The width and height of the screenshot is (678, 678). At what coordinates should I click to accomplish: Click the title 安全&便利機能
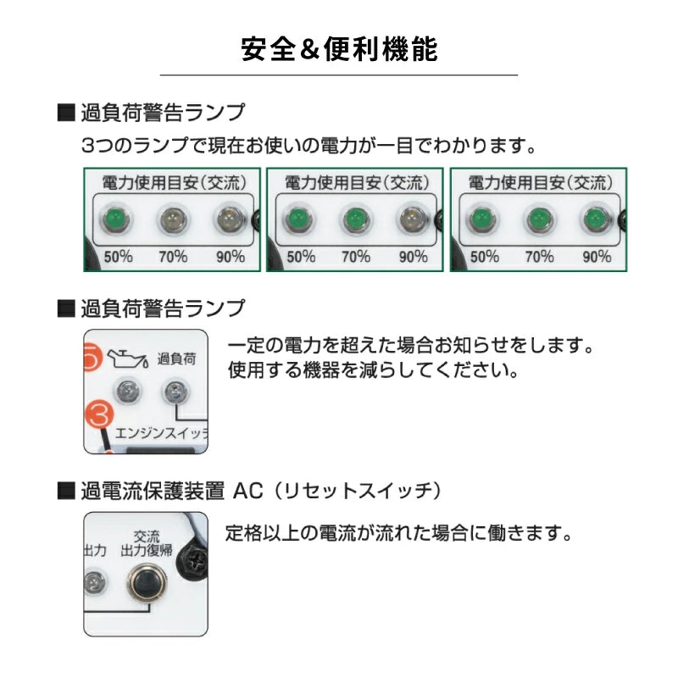tap(339, 49)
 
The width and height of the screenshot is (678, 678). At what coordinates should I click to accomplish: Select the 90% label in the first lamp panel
tap(229, 256)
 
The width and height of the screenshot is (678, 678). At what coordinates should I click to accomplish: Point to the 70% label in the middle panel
tap(356, 256)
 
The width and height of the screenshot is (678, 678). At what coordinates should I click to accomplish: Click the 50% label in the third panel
tap(484, 256)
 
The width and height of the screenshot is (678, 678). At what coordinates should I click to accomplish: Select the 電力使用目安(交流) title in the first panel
tap(174, 182)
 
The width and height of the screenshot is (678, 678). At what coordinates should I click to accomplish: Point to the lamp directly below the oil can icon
tap(128, 392)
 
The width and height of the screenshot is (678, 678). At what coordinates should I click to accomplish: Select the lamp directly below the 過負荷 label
tap(175, 392)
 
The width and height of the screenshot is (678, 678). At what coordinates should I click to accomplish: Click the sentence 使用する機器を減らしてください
tap(373, 371)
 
